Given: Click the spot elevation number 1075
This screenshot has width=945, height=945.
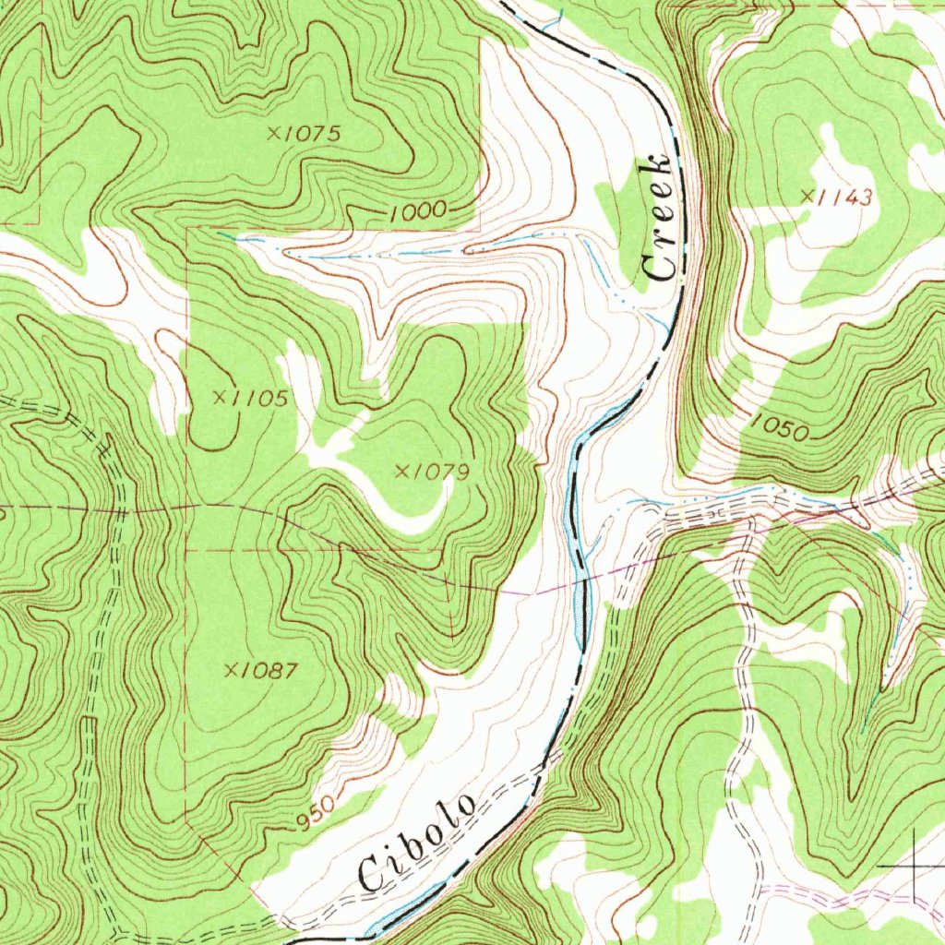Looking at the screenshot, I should click(311, 134).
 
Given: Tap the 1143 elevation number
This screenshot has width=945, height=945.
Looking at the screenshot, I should click(843, 196).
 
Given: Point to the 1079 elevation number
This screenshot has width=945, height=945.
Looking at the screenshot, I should click(440, 472).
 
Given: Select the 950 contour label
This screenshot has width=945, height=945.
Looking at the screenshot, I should click(317, 812).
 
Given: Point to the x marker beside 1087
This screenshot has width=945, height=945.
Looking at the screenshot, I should click(230, 670).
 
